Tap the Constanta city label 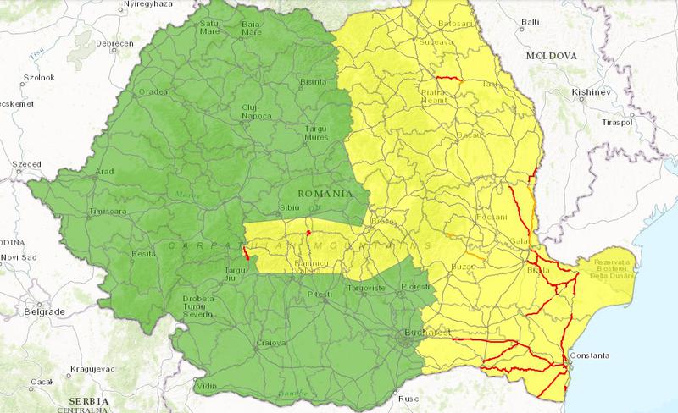(589, 355)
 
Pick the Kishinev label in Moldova (591, 90)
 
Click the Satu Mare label (208, 29)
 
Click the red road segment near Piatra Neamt (449, 79)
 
